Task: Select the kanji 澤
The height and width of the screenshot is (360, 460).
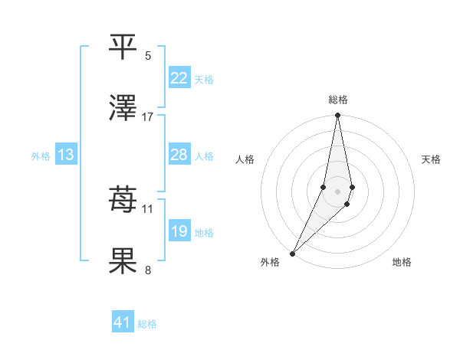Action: (x=123, y=109)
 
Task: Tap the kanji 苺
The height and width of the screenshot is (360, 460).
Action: (x=123, y=200)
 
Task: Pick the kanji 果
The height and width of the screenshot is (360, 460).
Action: (x=123, y=262)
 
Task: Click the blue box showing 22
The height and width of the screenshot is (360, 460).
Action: (x=179, y=77)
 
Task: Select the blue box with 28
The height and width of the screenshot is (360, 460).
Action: (x=179, y=155)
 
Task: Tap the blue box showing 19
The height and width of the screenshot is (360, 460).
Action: (x=179, y=231)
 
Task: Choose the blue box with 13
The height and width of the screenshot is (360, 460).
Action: (x=66, y=155)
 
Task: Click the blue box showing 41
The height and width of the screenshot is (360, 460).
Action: (x=123, y=322)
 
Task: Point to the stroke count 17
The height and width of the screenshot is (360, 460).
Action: (x=148, y=117)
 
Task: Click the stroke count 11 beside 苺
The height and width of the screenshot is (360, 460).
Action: (x=148, y=208)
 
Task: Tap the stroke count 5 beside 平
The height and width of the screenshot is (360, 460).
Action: (x=148, y=55)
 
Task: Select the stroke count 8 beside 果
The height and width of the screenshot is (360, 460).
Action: (x=148, y=270)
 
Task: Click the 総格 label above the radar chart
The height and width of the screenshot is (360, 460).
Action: (x=338, y=100)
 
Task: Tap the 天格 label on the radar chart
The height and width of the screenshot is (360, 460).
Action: (x=431, y=159)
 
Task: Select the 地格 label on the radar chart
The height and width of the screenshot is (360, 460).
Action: (x=402, y=262)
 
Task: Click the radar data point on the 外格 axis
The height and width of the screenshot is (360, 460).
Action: (x=292, y=253)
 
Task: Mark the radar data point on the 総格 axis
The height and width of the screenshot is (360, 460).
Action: (x=337, y=116)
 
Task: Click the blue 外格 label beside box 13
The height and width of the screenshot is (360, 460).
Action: (x=41, y=155)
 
